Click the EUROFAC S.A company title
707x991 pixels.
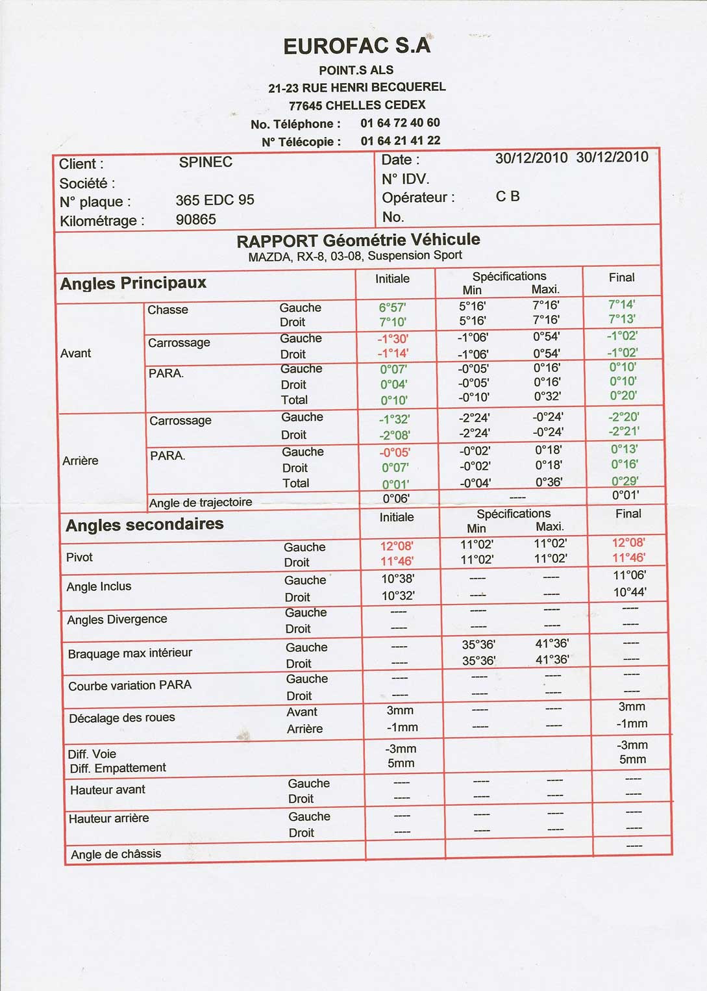356,46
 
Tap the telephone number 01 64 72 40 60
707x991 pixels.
400,123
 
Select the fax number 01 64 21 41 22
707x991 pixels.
400,140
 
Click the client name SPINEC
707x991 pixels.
205,162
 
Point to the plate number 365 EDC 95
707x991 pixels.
215,200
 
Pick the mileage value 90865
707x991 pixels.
195,220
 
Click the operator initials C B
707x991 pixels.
507,196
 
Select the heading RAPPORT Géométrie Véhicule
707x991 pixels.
358,240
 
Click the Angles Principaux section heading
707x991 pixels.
133,283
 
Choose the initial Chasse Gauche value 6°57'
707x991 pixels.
393,308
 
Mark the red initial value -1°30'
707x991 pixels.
393,338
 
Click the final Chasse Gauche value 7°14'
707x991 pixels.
621,305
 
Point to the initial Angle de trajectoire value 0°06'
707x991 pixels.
395,499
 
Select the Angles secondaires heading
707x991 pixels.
144,525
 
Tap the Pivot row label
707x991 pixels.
79,557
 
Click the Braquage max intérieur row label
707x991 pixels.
130,653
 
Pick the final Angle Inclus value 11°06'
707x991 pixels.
629,575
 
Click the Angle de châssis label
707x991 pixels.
116,855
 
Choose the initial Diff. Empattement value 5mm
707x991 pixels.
401,763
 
